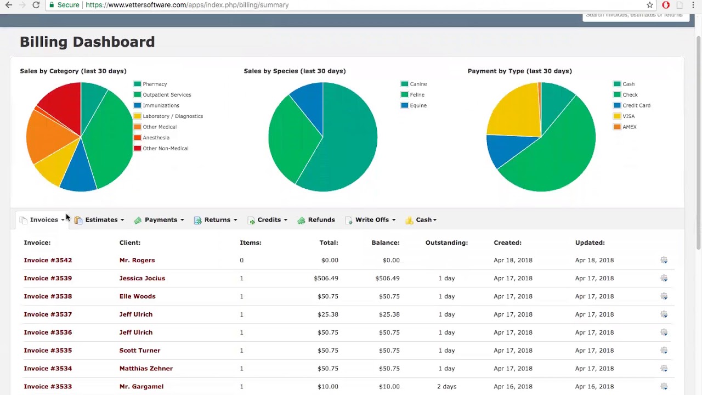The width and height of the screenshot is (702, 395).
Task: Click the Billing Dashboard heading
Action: [x=87, y=42]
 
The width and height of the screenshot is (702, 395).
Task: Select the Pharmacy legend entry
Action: [x=154, y=84]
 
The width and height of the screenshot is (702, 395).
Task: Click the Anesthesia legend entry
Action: [x=156, y=138]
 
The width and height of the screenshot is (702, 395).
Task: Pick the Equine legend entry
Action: [x=417, y=105]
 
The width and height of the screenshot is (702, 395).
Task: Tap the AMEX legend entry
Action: [x=629, y=127]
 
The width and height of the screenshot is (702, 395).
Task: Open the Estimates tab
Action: [x=101, y=220]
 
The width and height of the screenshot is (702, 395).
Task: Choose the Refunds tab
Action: [x=321, y=220]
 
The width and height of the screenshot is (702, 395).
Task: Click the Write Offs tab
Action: [x=371, y=220]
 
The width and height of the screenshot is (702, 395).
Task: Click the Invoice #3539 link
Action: [x=48, y=278]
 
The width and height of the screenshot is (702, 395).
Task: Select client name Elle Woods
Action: [x=137, y=296]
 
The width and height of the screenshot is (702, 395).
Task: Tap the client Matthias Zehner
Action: [x=146, y=369]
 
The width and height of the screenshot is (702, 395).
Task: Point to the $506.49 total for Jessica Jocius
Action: [x=326, y=278]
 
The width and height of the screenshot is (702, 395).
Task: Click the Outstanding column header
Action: [x=446, y=242]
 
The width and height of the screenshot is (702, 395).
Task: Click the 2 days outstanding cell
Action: [x=446, y=387]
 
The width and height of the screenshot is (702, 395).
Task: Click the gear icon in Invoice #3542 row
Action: [x=664, y=260]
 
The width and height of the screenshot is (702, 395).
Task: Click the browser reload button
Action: [x=36, y=5]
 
